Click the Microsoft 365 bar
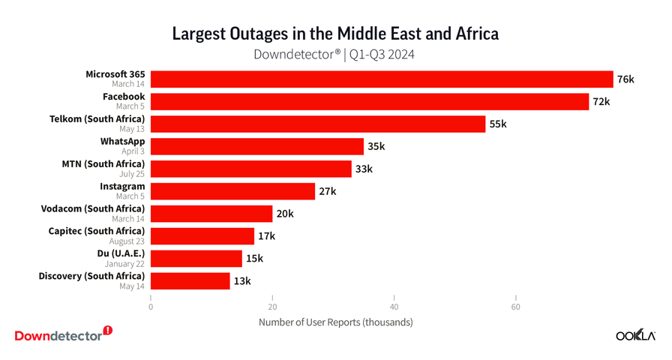(382, 79)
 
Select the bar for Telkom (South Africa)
(318, 124)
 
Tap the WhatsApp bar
(257, 146)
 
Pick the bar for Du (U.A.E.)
(196, 259)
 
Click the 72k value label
(601, 102)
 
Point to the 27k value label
(328, 191)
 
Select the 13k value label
(242, 281)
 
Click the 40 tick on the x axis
(394, 307)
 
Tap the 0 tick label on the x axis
(151, 307)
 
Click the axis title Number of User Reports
(335, 322)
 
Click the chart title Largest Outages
(335, 34)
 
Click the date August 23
(128, 241)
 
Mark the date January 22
(125, 264)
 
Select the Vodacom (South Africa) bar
(211, 214)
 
